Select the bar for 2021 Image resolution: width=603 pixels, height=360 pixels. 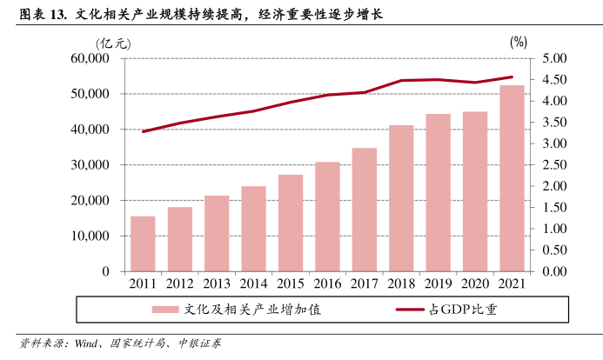[x=512, y=178]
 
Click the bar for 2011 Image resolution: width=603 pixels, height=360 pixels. [x=143, y=243]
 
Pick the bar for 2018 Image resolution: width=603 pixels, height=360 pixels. [x=401, y=198]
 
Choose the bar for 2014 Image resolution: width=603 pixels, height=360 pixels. [x=253, y=229]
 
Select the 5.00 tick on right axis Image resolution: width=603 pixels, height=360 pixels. [x=553, y=58]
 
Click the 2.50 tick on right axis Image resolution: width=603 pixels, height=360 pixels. [x=553, y=164]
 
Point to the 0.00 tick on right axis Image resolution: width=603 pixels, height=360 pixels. [x=553, y=271]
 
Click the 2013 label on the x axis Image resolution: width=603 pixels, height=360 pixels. [x=217, y=283]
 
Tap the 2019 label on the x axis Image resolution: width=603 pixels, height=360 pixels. [x=438, y=283]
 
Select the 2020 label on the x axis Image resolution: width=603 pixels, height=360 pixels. [x=475, y=283]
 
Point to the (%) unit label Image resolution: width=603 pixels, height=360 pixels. [x=519, y=41]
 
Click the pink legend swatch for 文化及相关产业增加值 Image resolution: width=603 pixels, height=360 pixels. [x=165, y=309]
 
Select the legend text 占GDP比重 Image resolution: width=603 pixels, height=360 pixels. [x=462, y=309]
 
